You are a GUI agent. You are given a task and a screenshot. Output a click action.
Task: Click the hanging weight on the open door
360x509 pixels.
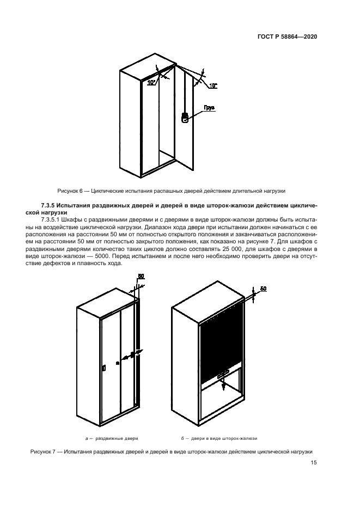[x=185, y=118]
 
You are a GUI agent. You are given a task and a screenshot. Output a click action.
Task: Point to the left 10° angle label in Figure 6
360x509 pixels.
[x=151, y=83]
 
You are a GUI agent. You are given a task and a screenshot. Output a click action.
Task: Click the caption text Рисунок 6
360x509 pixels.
[x=71, y=191]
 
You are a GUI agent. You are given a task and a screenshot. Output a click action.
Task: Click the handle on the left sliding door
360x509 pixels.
[x=103, y=369]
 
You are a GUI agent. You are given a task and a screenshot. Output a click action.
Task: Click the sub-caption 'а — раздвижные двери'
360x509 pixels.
[x=112, y=438]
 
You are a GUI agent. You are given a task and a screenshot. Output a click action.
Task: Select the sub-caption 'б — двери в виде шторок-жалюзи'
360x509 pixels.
[x=219, y=438]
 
